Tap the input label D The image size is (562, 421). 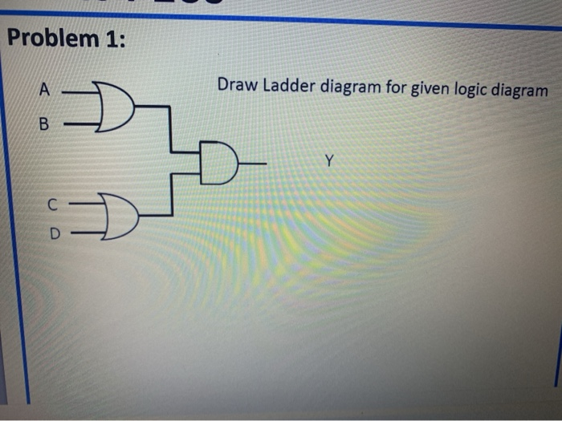tap(55, 235)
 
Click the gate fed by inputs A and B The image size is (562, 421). tap(116, 107)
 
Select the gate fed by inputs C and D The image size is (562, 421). tap(120, 217)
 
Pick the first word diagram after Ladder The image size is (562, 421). tap(349, 86)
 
